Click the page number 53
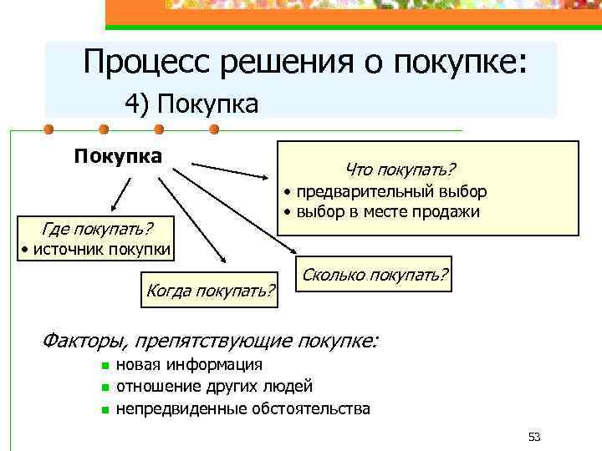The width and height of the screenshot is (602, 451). (x=535, y=437)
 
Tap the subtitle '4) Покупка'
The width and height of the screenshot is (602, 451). (x=191, y=104)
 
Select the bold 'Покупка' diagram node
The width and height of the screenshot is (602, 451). (x=117, y=156)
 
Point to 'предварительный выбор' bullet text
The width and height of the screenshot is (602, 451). (x=389, y=192)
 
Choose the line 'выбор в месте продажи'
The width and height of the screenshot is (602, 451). (x=385, y=211)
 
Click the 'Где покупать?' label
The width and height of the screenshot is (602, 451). (x=97, y=228)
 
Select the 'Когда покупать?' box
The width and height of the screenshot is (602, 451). (x=210, y=290)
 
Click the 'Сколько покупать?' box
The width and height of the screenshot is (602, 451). (x=375, y=274)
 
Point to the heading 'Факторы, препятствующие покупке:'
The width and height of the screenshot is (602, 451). (x=209, y=340)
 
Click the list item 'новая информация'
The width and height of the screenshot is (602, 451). (x=189, y=364)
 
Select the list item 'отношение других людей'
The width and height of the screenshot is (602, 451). (x=214, y=386)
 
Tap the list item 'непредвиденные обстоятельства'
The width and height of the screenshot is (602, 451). (x=242, y=408)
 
